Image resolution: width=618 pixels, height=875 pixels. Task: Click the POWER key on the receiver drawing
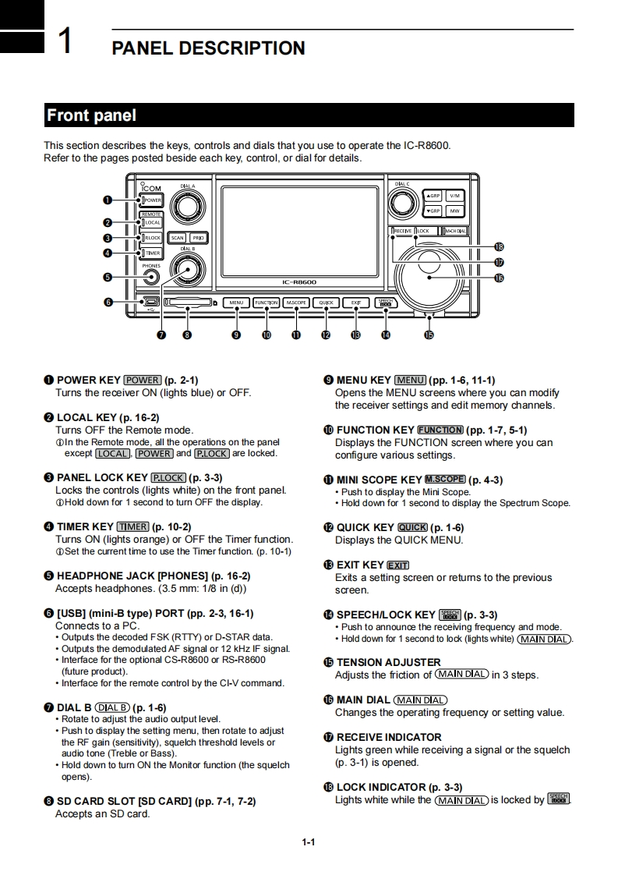coord(152,200)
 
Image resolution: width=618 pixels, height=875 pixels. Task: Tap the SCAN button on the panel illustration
coord(177,238)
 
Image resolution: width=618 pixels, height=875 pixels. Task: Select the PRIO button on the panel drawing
coord(199,238)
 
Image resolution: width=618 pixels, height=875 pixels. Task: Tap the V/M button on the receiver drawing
coord(454,196)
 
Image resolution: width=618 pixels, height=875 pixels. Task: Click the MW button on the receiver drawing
coord(454,211)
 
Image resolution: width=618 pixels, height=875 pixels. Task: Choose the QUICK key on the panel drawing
coord(326,303)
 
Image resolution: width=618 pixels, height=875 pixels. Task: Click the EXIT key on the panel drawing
coord(355,303)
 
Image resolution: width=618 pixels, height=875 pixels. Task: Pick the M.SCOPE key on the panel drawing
coord(296,303)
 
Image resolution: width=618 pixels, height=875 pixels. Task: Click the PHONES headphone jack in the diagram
coord(151,277)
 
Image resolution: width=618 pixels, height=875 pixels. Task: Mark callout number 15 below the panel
coord(429,335)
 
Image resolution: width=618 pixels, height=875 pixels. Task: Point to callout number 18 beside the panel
coord(499,247)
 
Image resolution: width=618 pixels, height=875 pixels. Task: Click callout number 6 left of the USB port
coord(108,303)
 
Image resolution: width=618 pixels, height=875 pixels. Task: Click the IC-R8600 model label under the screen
coord(298,282)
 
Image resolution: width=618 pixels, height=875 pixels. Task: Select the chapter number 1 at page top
coord(66,41)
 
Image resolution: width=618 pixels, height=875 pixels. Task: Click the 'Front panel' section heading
coord(91,115)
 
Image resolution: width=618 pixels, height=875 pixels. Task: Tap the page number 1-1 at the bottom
coord(309,842)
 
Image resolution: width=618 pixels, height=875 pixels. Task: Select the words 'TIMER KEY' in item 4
coord(85,526)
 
